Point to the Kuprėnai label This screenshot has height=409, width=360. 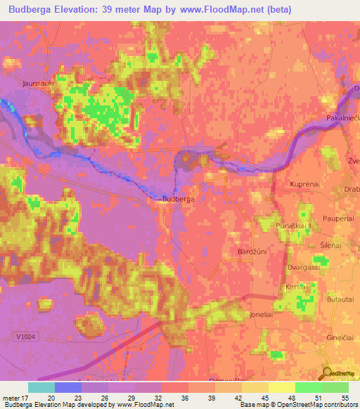[x=306, y=184]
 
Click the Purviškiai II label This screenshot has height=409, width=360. [x=295, y=226]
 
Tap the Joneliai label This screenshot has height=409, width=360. [x=262, y=316]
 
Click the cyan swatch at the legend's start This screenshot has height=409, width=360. [x=41, y=387]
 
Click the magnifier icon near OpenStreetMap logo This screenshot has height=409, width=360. [x=328, y=373]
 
